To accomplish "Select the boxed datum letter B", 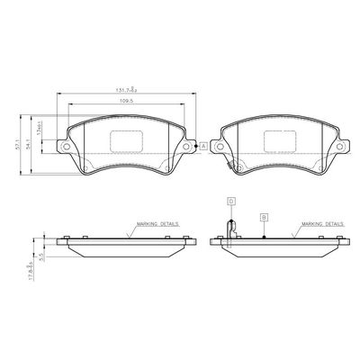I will click(264, 217).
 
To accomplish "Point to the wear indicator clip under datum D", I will click(230, 232).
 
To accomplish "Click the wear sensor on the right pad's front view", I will click(238, 166).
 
